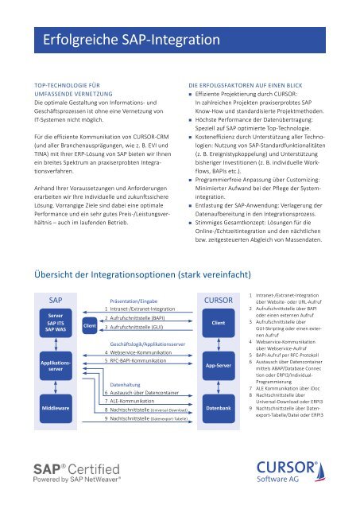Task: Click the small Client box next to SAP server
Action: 90,324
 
